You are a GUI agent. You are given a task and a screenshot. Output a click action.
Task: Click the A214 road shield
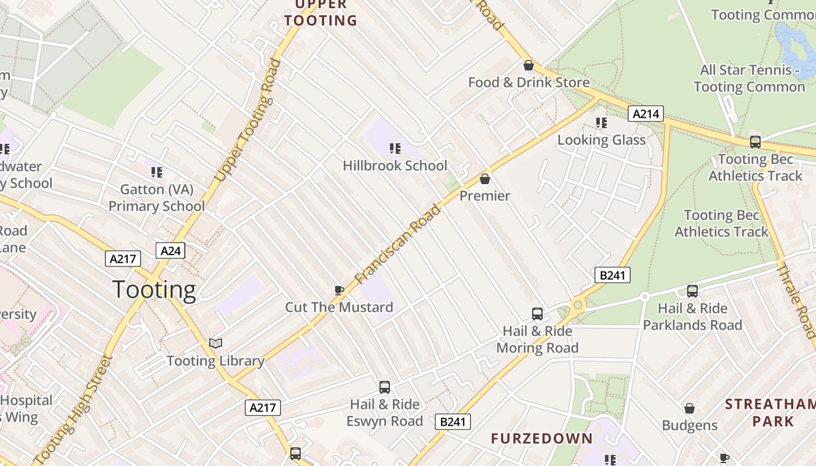pos(646,114)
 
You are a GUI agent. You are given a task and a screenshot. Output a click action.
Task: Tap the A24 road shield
pos(170,250)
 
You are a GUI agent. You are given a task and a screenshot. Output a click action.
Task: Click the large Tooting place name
pos(154,290)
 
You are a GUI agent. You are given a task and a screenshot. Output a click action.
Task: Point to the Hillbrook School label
pos(395,165)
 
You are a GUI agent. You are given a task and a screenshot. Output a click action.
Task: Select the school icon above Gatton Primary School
pos(156,172)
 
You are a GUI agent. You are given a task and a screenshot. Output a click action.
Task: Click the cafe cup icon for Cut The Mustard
pos(339,290)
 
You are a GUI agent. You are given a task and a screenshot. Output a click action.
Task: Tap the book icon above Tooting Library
pos(216,344)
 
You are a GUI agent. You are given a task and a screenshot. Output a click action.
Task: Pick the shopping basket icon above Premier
pos(484,179)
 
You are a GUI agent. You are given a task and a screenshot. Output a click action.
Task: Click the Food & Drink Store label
pos(529,83)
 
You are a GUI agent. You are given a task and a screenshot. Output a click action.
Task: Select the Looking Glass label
pos(602,140)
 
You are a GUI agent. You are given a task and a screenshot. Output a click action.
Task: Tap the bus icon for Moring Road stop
pos(537,314)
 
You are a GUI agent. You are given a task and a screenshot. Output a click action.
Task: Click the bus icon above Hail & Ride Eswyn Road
pos(385,387)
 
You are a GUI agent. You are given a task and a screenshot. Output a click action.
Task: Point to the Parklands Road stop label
pos(692,317)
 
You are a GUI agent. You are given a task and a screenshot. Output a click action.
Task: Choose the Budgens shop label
pos(690,425)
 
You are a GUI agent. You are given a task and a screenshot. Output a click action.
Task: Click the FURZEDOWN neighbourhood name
pos(541,439)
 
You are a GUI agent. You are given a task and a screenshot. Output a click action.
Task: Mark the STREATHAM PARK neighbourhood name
pos(769,412)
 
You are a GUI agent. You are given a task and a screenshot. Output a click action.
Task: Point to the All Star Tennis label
pos(750,79)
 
